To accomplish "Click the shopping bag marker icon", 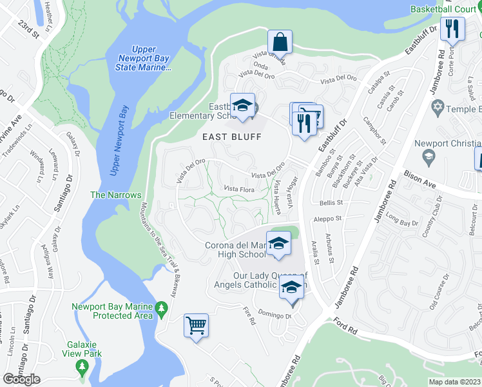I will pos(280,42).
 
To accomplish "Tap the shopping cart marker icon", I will pos(196,324).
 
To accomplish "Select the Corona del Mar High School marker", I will pos(278,244).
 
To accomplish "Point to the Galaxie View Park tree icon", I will pos(82,366).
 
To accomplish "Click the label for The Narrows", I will pos(115,195).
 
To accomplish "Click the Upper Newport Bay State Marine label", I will pos(152,58).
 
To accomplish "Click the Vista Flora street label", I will pos(238,189).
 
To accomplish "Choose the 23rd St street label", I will pos(29,30).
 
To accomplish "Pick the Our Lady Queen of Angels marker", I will pos(291,288).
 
